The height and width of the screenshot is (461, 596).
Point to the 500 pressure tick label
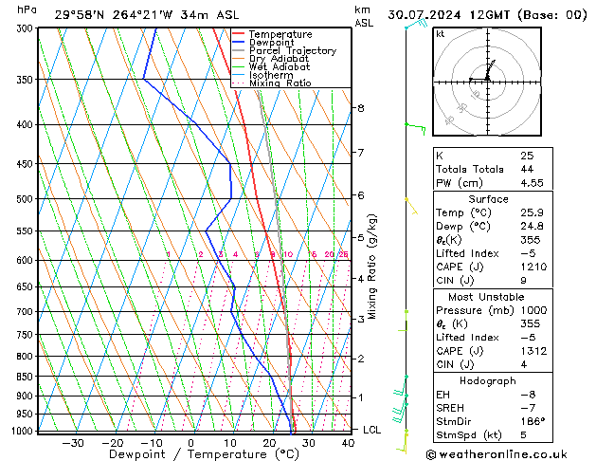tap(26, 199)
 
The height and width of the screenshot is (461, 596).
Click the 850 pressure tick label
tap(26, 377)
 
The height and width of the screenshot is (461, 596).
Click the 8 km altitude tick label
tap(360, 108)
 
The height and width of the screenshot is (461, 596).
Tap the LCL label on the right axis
tap(372, 430)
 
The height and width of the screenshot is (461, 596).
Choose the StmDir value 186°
tap(533, 421)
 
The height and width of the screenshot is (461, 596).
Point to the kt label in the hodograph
tap(441, 33)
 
